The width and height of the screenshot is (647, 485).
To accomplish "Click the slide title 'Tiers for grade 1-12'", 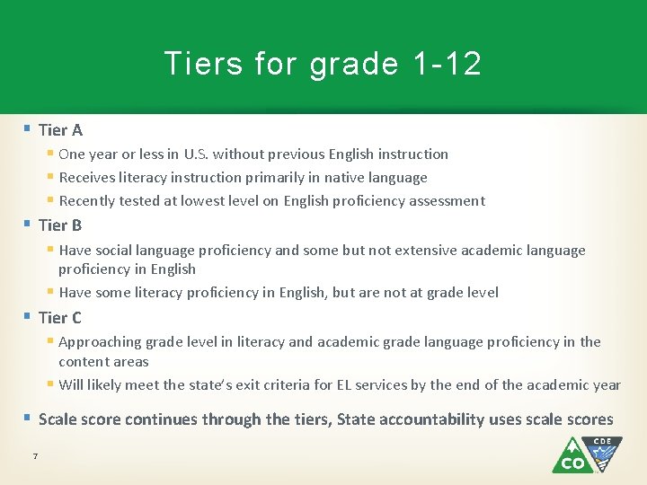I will pyautogui.click(x=323, y=64).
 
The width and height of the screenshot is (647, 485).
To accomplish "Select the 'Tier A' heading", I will pyautogui.click(x=60, y=130).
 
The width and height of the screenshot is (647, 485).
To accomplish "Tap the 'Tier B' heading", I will pyautogui.click(x=60, y=225).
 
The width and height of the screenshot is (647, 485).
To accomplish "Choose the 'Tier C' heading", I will pyautogui.click(x=60, y=317).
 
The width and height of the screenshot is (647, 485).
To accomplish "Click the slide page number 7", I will pyautogui.click(x=35, y=456).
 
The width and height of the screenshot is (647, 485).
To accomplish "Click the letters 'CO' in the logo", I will pyautogui.click(x=572, y=463).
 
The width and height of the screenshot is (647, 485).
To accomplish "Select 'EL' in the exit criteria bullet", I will pyautogui.click(x=346, y=385).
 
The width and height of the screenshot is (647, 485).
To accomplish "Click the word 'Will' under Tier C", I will pyautogui.click(x=72, y=385).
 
